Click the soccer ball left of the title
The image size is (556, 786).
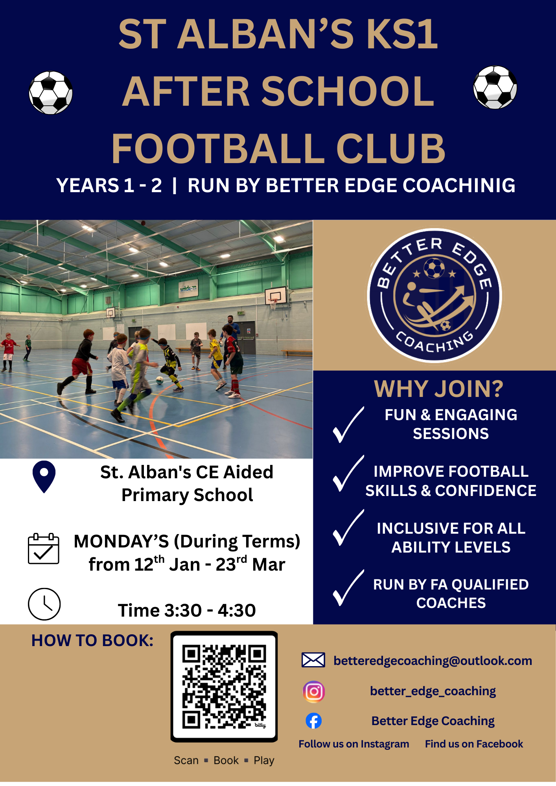(x=51, y=93)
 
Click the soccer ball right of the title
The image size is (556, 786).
(x=495, y=87)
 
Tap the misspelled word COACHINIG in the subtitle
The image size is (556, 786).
(x=459, y=185)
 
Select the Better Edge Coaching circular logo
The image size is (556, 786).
(x=434, y=295)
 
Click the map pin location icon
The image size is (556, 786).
(x=44, y=477)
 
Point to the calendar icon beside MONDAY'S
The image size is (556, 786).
(x=44, y=549)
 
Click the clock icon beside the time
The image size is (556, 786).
(x=44, y=604)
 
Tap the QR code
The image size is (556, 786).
(x=224, y=687)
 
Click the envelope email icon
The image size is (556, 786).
(x=313, y=660)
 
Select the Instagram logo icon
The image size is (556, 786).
(x=314, y=692)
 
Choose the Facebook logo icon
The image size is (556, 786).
(x=314, y=721)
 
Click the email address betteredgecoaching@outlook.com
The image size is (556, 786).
(x=433, y=661)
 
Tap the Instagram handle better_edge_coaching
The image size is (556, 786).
(x=433, y=691)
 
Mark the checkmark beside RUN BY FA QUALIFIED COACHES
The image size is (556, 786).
(x=348, y=588)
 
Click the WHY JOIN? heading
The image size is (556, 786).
(x=438, y=389)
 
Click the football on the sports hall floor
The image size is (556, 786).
(x=160, y=380)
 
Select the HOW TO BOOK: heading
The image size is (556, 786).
(x=92, y=641)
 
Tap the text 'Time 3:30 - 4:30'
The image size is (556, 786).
(x=187, y=610)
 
